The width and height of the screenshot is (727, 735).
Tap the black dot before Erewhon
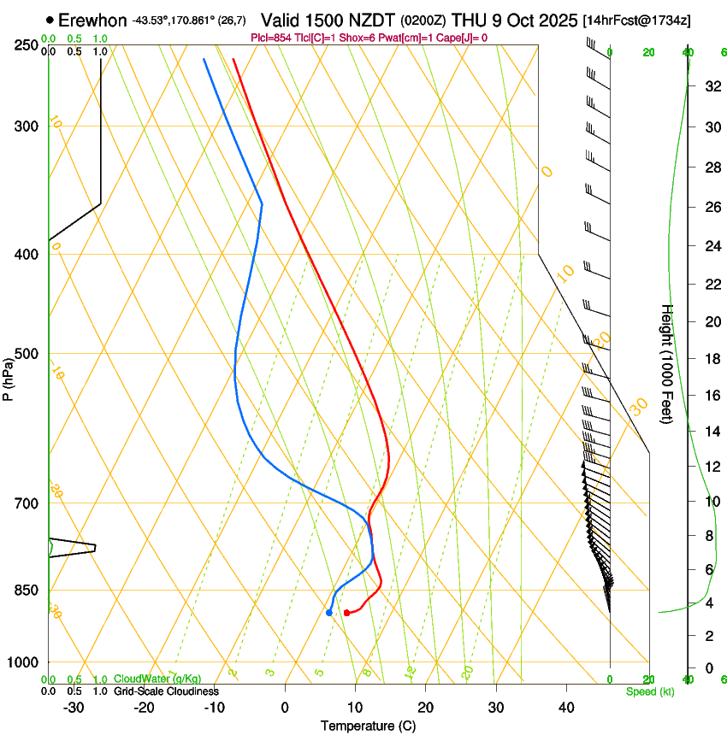(50, 20)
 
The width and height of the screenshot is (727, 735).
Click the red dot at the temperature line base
(346, 613)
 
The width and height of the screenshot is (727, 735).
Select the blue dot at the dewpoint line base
(329, 613)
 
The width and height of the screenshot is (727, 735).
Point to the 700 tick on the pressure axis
(27, 503)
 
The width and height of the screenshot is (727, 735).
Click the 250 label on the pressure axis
(27, 45)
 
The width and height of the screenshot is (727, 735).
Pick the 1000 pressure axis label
(23, 662)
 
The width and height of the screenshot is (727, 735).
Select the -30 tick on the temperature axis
(74, 707)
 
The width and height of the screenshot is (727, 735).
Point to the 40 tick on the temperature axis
(565, 707)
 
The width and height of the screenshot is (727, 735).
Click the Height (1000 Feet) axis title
(667, 363)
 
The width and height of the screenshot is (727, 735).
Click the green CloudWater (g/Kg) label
(157, 679)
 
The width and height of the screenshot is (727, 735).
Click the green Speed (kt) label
(649, 691)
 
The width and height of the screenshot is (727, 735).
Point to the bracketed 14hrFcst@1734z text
(637, 20)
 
